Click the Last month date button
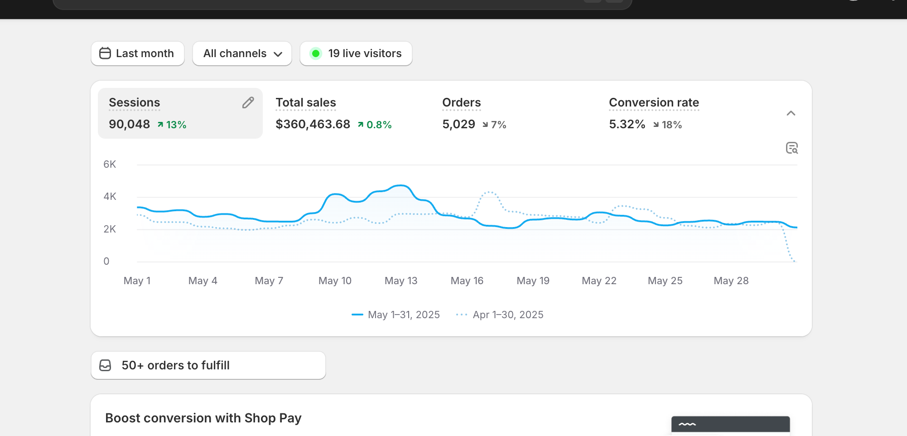(137, 53)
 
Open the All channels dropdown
(242, 53)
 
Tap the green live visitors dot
(316, 53)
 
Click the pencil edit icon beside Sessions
(248, 103)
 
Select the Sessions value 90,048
(129, 124)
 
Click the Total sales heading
(306, 102)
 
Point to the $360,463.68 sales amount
(313, 124)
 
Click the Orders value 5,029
(458, 124)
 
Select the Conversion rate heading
(654, 102)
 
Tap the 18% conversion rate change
(667, 125)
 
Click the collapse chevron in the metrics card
(791, 113)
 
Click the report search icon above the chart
(792, 148)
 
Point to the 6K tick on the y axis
(110, 165)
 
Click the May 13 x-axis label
(401, 281)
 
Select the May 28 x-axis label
(731, 281)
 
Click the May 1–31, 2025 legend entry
(396, 315)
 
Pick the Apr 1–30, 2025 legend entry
(500, 315)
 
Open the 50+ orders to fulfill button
(208, 365)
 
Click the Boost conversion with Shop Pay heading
(203, 418)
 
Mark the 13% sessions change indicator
(172, 125)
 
